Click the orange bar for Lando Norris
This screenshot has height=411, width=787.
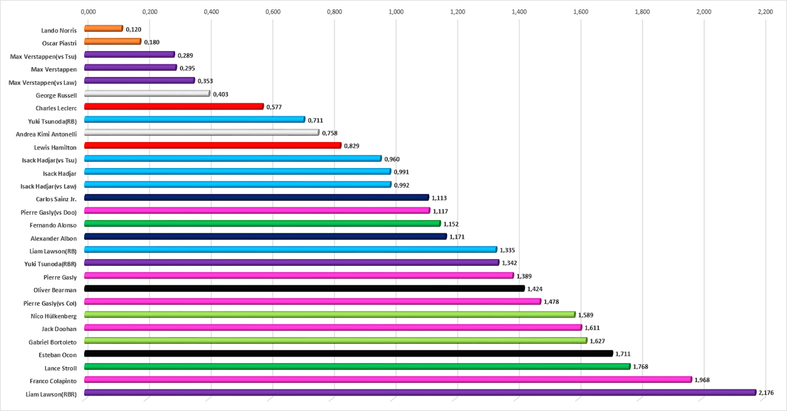[103, 28]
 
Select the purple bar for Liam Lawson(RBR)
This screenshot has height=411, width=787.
[420, 393]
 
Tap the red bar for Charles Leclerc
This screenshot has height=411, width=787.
[174, 106]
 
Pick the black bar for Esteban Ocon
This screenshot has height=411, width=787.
[349, 354]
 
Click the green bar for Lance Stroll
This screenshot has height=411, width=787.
[357, 367]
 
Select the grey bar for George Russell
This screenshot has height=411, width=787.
[147, 94]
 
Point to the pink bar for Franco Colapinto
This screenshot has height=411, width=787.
[388, 380]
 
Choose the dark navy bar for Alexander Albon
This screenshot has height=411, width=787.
[266, 236]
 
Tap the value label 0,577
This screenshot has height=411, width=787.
[274, 107]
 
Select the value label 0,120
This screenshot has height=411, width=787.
[133, 29]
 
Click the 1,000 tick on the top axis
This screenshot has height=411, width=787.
[396, 12]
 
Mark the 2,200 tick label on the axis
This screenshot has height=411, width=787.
[765, 12]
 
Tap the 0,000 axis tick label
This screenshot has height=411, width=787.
[88, 12]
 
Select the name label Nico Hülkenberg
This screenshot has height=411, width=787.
[53, 315]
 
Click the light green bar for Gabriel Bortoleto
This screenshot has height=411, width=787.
[336, 341]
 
